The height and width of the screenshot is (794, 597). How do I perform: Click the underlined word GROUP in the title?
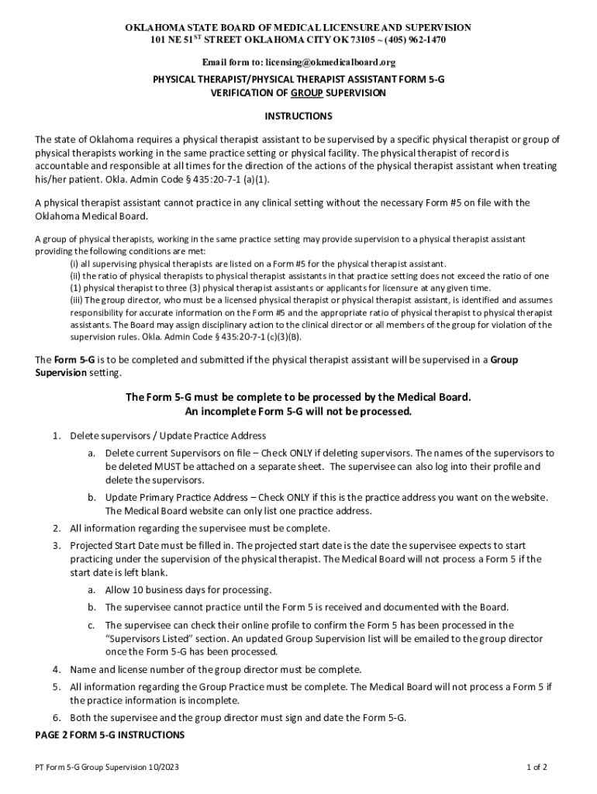pos(307,93)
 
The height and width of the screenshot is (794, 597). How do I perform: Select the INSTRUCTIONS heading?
pos(298,116)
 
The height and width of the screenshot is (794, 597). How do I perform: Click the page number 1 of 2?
pos(537,768)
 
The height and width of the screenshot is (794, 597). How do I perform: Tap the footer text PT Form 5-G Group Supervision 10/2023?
pos(105,768)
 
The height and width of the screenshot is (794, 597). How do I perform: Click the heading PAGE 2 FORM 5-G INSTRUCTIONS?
pos(109,734)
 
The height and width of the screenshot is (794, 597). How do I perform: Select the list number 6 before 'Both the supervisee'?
pos(57,717)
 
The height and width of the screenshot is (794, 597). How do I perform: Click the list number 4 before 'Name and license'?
pos(57,669)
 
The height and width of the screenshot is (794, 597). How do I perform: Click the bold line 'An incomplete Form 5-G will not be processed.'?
pos(298,411)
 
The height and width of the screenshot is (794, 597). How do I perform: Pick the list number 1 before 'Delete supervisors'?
pos(57,436)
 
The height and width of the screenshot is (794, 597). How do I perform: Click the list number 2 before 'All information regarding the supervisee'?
pos(57,528)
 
